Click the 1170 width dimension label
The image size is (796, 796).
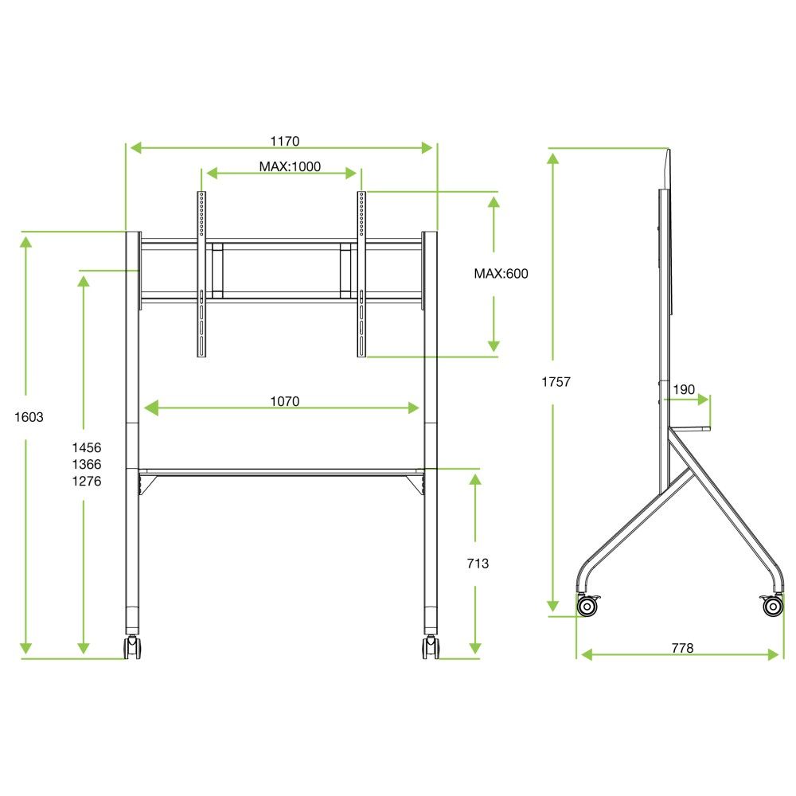[284, 142]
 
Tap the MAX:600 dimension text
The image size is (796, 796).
[501, 273]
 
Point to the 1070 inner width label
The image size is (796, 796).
[284, 402]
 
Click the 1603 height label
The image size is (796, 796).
[29, 416]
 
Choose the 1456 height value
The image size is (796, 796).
[87, 448]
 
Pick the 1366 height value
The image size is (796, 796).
[87, 465]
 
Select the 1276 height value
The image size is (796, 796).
[87, 481]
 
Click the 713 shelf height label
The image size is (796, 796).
[478, 564]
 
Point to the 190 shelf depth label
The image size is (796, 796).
[684, 389]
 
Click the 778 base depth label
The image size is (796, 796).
[682, 648]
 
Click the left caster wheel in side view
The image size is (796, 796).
[588, 607]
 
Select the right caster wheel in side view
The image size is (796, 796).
[772, 607]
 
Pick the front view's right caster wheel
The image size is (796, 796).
[431, 646]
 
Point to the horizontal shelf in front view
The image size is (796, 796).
[282, 471]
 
